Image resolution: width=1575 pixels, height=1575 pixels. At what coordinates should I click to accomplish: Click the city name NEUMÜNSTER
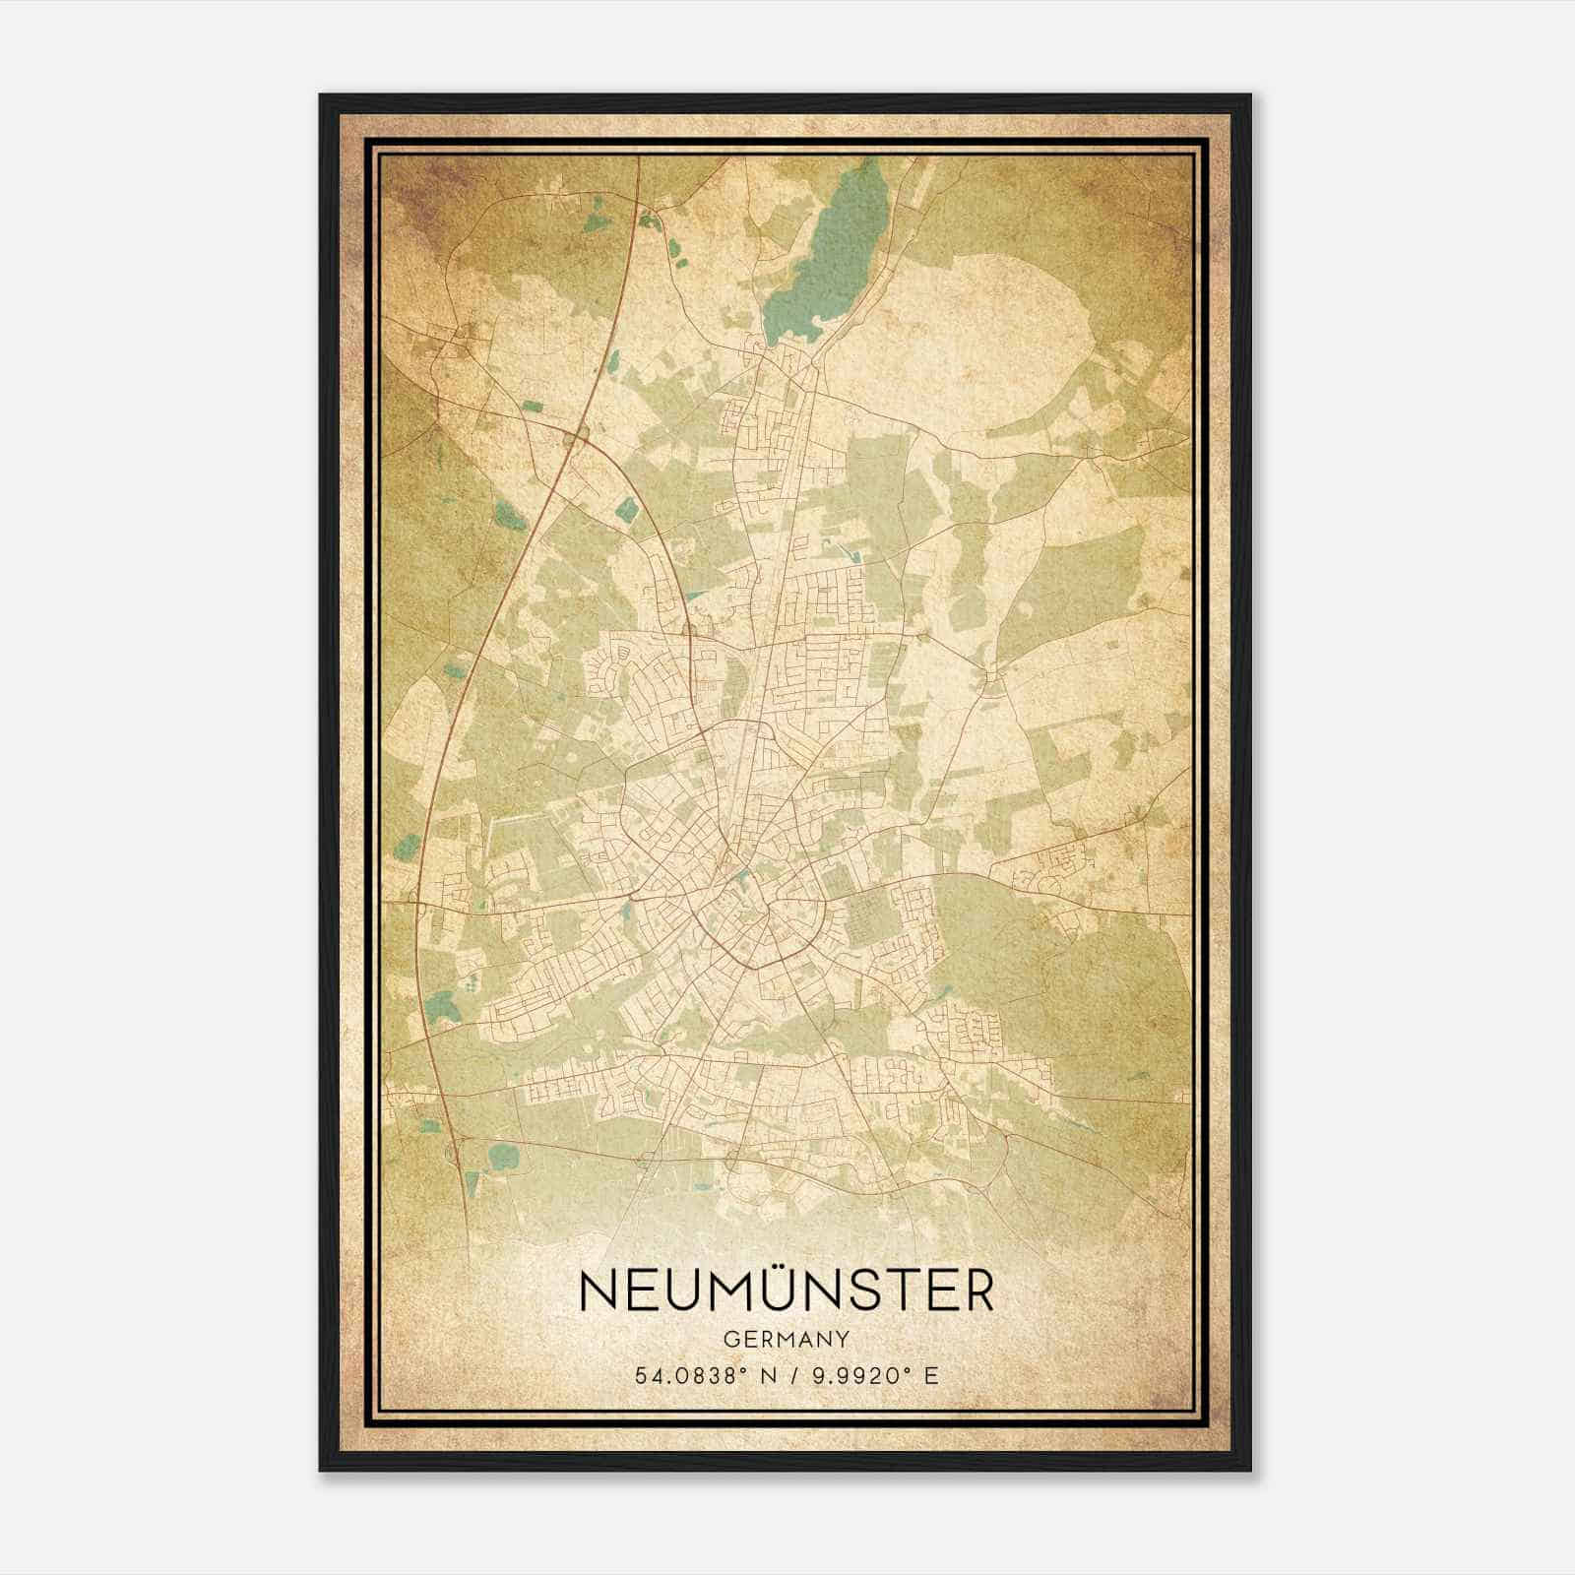click(x=787, y=1291)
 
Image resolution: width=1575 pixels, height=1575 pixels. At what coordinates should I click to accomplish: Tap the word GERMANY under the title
click(x=787, y=1340)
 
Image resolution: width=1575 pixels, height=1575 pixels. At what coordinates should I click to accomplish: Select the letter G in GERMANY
click(x=728, y=1340)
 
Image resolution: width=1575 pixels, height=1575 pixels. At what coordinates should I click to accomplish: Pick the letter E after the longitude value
click(x=930, y=1375)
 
